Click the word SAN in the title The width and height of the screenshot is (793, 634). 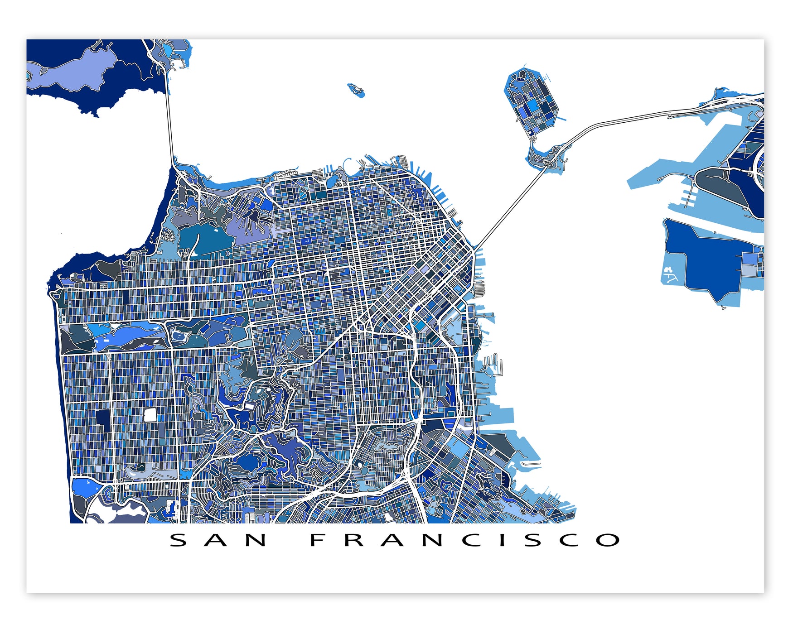tap(218, 540)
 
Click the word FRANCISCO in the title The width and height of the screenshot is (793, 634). tap(465, 540)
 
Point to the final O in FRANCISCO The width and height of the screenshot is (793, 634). tap(608, 540)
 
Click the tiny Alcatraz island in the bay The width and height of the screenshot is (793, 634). tap(356, 89)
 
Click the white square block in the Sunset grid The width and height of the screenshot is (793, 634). tap(150, 414)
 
